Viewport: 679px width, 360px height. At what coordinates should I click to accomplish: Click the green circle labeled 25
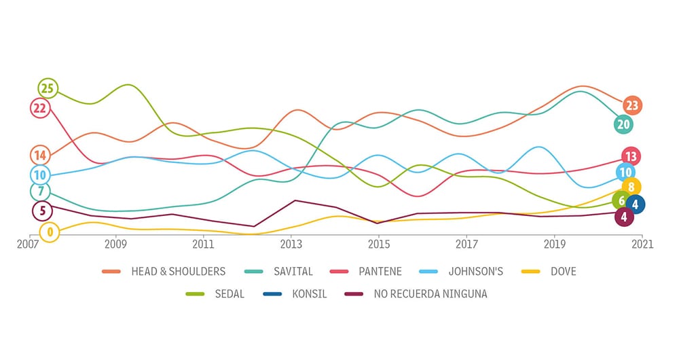click(x=47, y=88)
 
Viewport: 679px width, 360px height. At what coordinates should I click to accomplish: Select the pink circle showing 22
click(x=40, y=108)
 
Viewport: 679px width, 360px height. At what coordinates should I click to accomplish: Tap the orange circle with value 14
click(x=40, y=156)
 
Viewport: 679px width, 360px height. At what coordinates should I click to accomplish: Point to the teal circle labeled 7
click(x=40, y=192)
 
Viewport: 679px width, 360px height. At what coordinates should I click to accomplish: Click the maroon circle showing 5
click(x=42, y=211)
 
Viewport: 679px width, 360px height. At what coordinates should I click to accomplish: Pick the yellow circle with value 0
click(x=49, y=232)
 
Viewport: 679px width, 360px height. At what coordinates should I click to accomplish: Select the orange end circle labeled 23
click(x=632, y=105)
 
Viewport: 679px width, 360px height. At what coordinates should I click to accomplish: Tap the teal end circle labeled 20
click(x=623, y=124)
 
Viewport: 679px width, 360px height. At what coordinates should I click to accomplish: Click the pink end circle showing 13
click(x=631, y=156)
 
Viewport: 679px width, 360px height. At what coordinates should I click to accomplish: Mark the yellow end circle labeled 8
click(x=631, y=187)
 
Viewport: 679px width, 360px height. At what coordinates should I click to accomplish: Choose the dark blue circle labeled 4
click(x=635, y=204)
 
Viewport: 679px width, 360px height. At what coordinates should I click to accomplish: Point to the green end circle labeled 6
click(x=621, y=200)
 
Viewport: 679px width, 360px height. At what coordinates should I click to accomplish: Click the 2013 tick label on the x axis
click(x=291, y=244)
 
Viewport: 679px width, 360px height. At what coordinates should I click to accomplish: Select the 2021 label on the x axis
click(x=642, y=244)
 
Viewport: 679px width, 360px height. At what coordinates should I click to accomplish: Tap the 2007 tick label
click(x=29, y=244)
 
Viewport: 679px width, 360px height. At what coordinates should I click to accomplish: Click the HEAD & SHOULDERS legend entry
click(x=178, y=272)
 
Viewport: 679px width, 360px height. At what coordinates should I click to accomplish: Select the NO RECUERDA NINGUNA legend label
click(x=430, y=294)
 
